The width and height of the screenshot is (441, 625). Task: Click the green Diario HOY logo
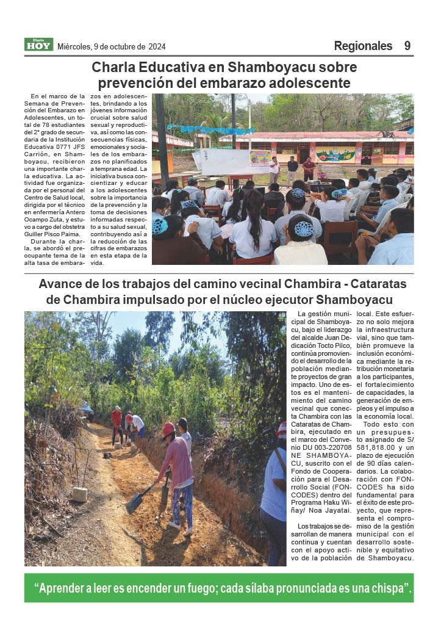point(39,45)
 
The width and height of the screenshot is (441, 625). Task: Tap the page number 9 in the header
point(407,46)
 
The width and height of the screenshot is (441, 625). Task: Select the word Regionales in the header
point(363,46)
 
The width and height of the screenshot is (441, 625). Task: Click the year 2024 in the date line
point(156,46)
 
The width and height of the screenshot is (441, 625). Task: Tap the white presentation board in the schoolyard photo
point(223,162)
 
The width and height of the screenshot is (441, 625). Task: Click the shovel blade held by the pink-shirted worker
point(134,503)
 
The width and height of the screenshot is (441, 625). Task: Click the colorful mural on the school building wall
point(335,154)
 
